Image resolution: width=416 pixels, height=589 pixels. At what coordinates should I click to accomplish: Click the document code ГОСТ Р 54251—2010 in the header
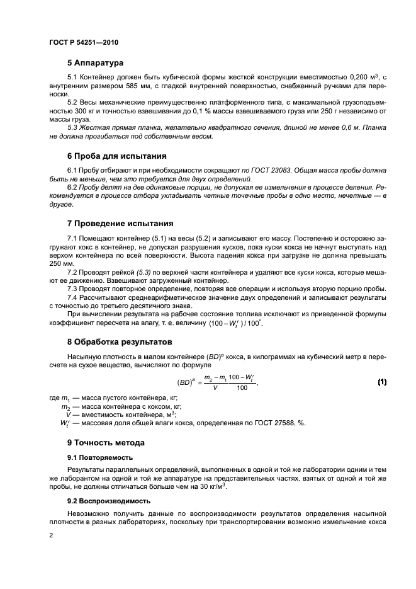pos(84,42)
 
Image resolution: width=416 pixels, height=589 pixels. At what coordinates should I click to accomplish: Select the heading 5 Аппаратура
pos(95,63)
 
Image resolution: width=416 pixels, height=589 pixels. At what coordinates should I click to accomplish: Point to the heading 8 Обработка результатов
pos(119,343)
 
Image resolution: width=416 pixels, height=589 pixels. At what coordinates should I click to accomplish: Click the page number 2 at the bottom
pos(51,534)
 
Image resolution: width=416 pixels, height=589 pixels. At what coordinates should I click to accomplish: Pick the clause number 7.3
pos(73,287)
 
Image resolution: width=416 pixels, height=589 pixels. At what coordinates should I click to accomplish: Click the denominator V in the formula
pos(216,389)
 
